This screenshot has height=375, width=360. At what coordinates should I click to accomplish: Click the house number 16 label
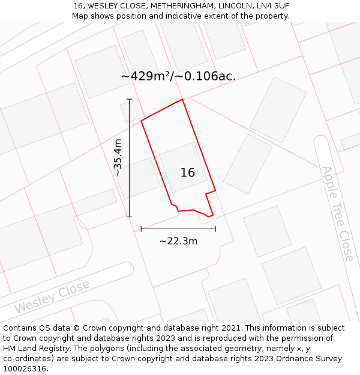pyautogui.click(x=187, y=173)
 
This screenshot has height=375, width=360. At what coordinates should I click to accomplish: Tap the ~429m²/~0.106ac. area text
pyautogui.click(x=178, y=76)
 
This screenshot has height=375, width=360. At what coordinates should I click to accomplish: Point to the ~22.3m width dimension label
pyautogui.click(x=178, y=241)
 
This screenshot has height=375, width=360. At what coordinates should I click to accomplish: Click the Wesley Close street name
pyautogui.click(x=52, y=296)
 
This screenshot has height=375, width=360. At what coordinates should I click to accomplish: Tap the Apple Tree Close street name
pyautogui.click(x=338, y=214)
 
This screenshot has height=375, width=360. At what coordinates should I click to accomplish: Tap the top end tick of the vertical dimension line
pyautogui.click(x=129, y=99)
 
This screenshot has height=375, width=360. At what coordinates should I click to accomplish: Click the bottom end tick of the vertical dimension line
pyautogui.click(x=129, y=217)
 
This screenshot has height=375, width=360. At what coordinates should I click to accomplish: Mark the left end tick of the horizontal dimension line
pyautogui.click(x=141, y=229)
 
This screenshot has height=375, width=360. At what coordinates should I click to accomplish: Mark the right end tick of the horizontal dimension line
pyautogui.click(x=215, y=229)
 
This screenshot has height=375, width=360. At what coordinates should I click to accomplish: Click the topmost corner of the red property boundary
pyautogui.click(x=182, y=100)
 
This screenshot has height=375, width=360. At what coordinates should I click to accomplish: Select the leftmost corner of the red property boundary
pyautogui.click(x=141, y=121)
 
